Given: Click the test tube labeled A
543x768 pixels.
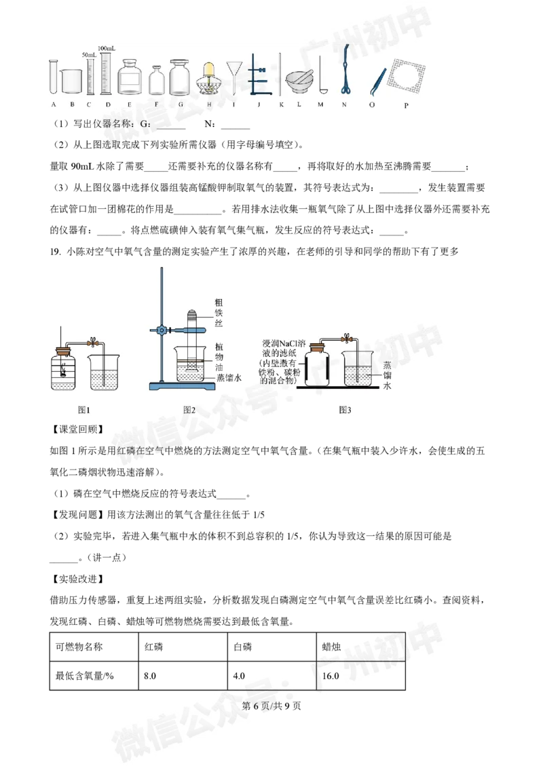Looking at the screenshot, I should tap(52, 77).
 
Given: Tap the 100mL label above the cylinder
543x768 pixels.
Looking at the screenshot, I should tap(106, 49).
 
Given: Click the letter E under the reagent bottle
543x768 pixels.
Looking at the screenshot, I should tap(129, 104).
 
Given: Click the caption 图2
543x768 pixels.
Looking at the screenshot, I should tap(189, 409).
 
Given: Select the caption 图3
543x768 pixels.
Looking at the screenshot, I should tap(345, 409).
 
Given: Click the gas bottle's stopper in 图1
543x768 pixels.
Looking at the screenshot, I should tap(64, 351).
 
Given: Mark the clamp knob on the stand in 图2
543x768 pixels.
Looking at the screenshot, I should tap(161, 330).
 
